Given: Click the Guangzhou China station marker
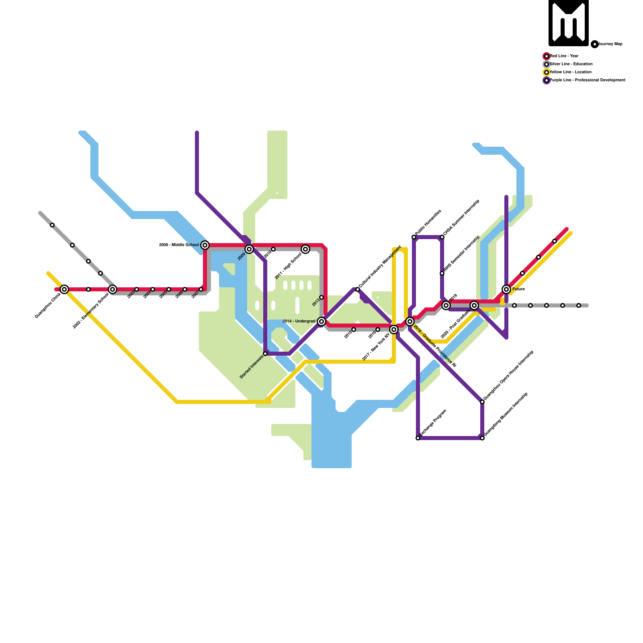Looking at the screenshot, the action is coord(64,289).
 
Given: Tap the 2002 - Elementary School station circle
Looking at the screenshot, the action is coord(113,289).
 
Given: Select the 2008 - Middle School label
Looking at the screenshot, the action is coord(179,245).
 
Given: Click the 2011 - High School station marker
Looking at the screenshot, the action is coord(305,249).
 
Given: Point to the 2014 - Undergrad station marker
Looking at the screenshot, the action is coord(321,321).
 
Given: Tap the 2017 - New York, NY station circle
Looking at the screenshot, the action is coord(394,330).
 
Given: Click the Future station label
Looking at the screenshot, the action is coord(518,289).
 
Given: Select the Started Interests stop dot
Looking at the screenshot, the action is coord(265,354).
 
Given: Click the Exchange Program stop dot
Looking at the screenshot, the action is coord(418,438).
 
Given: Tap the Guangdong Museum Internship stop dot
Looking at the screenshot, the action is coord(482,438).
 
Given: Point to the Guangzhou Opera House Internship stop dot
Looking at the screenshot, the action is coord(482,402).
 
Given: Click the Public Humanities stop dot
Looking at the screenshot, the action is coord(414,237).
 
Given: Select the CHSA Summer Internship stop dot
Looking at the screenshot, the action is coord(442,237).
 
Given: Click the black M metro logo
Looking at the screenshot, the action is coord(569,23).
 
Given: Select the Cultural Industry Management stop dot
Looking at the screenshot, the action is coord(358,289).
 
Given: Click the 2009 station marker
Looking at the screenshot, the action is coord(249,249).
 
